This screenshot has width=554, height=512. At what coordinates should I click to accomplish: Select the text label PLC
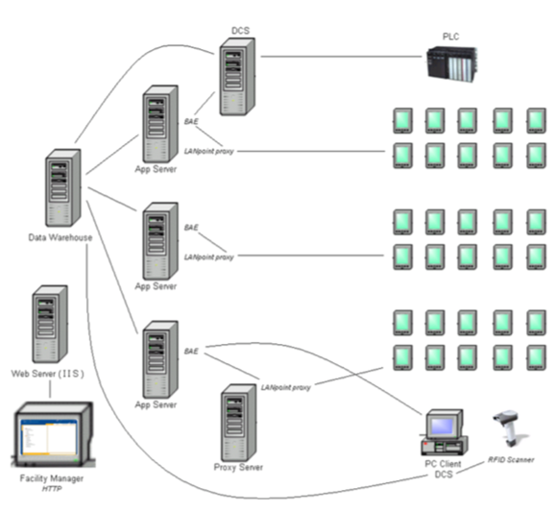point(450,37)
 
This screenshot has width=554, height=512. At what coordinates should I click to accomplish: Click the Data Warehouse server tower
point(60,190)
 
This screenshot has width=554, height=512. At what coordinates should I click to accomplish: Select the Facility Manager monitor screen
point(46,437)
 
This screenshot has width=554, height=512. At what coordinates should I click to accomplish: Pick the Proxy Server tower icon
point(238,423)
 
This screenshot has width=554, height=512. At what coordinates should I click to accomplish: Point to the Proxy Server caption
point(238,468)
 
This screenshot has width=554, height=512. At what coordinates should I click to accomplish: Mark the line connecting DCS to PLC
point(336,56)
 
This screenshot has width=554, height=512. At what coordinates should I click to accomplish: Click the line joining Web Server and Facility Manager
point(50,388)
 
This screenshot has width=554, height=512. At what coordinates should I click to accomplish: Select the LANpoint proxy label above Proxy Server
point(285,387)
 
